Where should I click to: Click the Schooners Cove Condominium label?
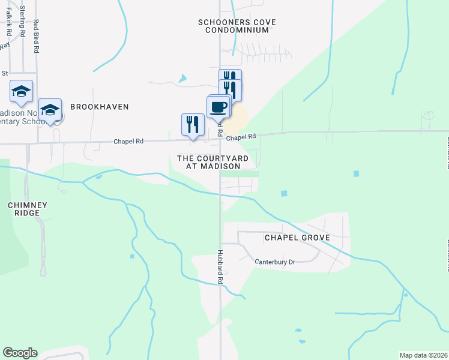[x=237, y=26]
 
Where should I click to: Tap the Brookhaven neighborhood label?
[x=100, y=106]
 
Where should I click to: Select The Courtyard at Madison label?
[x=212, y=162]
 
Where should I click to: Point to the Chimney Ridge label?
[x=24, y=209]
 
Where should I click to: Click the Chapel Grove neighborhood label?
[x=298, y=238]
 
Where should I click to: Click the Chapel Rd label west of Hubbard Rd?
[x=129, y=142]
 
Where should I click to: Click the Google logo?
[x=20, y=353]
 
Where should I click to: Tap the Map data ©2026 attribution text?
[x=423, y=355]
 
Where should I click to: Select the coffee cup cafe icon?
[x=218, y=107]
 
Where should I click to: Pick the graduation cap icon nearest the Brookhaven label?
[x=50, y=110]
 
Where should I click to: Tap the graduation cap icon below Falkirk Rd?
[x=22, y=91]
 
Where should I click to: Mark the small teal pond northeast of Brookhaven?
[x=182, y=78]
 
